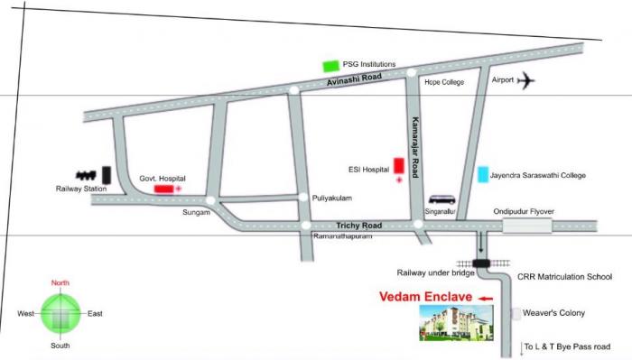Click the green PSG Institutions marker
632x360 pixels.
click(330, 66)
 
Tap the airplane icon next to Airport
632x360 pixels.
click(526, 81)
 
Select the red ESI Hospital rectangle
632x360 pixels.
click(398, 165)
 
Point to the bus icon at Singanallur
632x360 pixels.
click(441, 199)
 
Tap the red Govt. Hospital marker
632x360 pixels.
click(164, 189)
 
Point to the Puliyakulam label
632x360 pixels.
click(330, 197)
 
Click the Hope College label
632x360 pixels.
click(443, 82)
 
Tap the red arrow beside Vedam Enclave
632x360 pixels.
click(487, 297)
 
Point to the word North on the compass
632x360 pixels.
click(60, 282)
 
